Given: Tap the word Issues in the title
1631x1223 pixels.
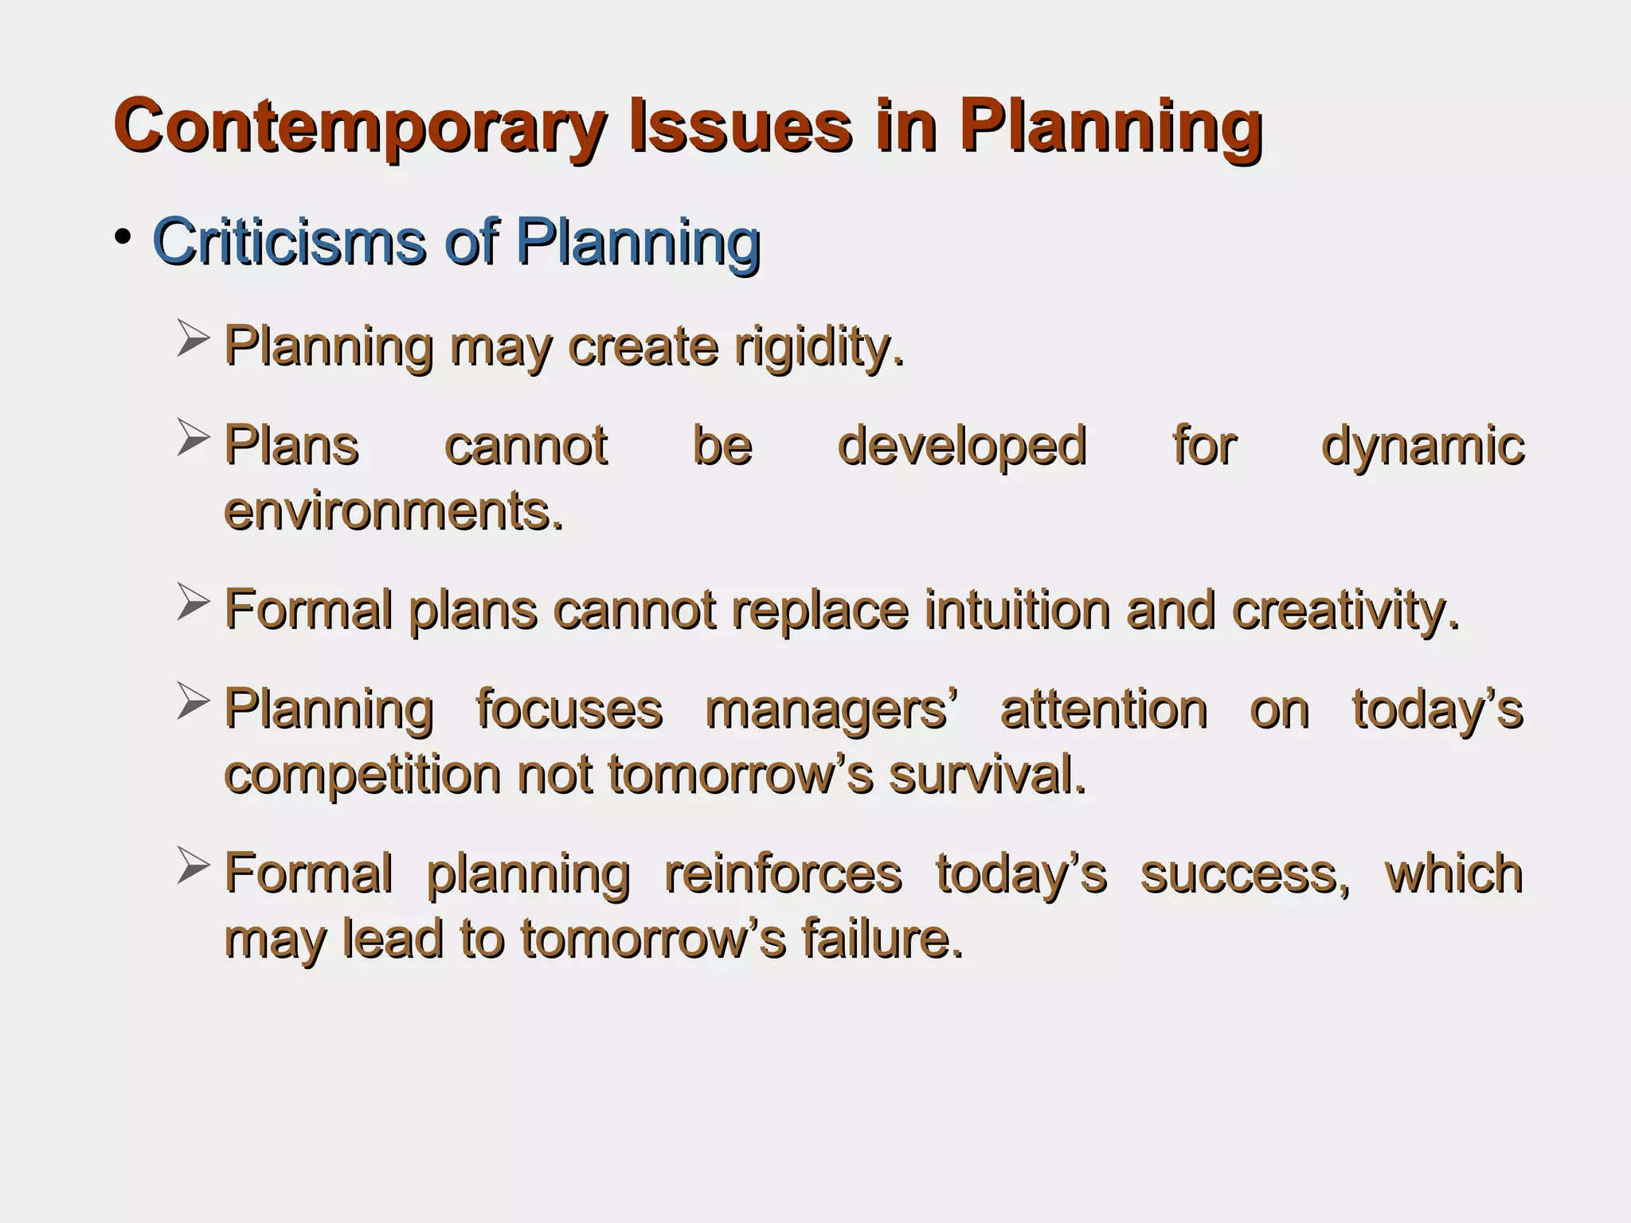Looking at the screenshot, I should point(740,126).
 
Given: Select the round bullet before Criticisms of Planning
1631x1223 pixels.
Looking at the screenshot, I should point(122,236).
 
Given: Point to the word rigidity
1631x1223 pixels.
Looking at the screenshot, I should point(819,348).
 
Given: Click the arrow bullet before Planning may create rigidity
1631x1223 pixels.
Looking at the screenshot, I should point(193,338).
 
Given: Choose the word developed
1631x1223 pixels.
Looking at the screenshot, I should point(962,446).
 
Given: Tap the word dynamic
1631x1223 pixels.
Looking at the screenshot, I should point(1422,446).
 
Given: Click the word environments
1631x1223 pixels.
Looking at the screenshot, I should point(393,511).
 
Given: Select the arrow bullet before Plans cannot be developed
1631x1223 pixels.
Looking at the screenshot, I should point(193,437).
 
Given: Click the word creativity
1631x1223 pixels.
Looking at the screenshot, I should point(1346,611).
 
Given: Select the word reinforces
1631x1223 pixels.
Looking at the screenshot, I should point(783,873).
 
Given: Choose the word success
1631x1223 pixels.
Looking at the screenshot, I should point(1245,873).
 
